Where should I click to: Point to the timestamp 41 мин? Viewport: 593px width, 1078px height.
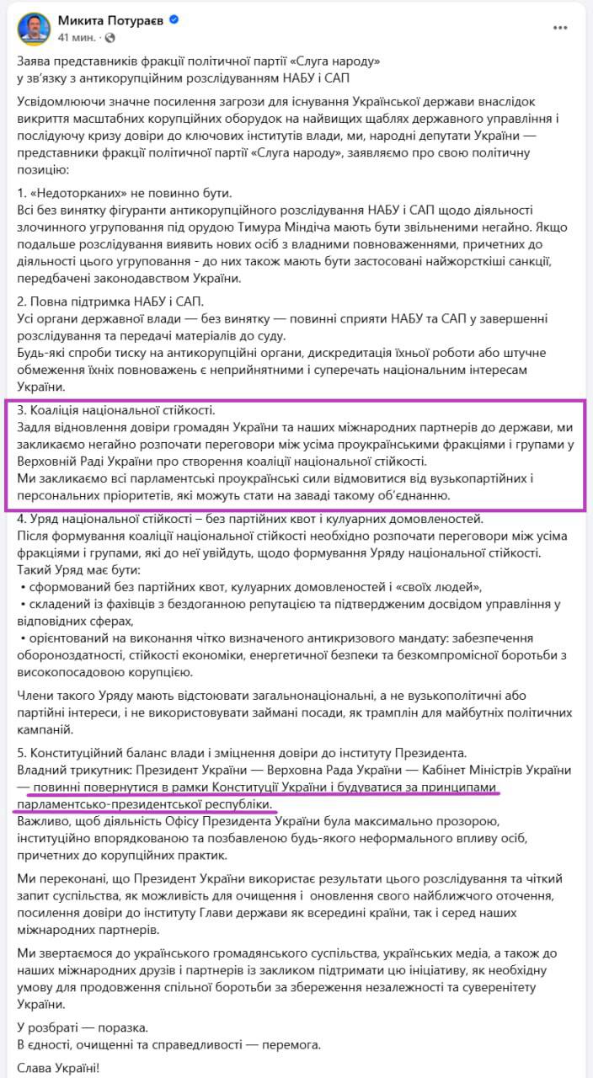(75, 39)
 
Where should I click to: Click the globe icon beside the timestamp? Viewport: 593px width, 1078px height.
(110, 39)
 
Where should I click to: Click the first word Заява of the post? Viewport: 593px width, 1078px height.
(35, 62)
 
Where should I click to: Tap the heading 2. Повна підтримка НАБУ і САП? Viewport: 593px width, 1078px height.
(110, 301)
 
